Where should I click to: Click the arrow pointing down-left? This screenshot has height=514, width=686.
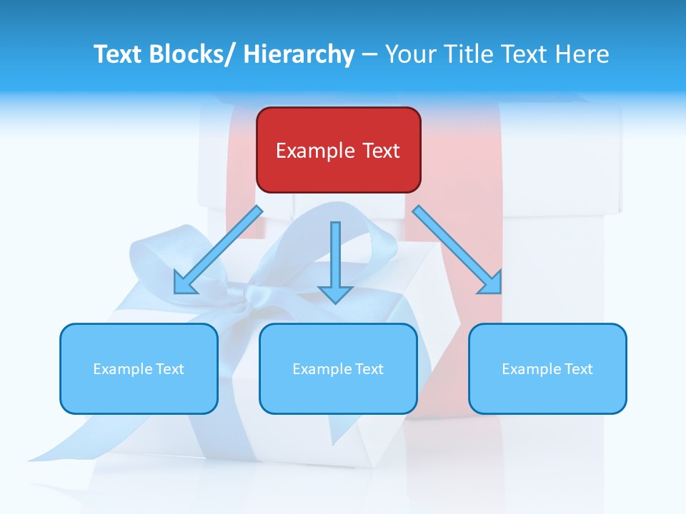218,251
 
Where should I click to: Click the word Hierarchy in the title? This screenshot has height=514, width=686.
299,54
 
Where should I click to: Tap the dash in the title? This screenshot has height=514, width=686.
369,55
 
